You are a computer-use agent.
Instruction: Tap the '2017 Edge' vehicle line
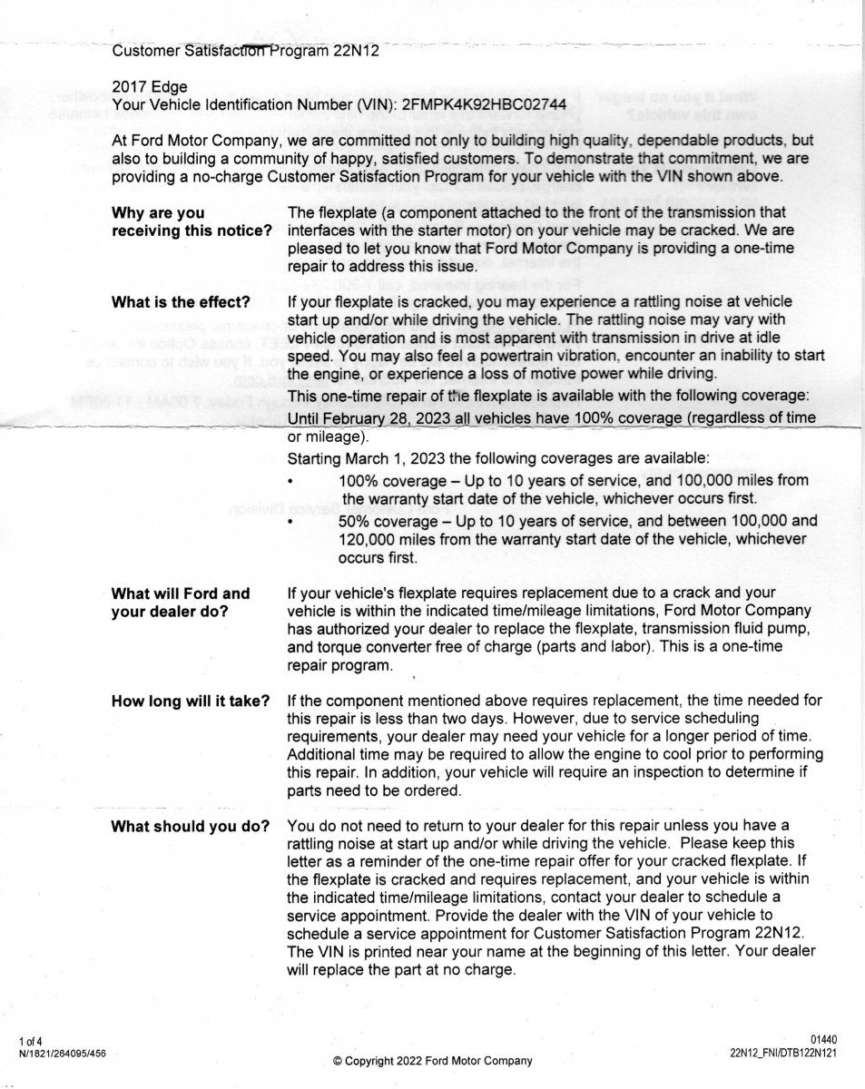click(x=150, y=87)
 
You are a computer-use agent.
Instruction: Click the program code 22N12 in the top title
click(x=355, y=51)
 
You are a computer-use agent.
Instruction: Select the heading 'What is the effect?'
click(x=181, y=301)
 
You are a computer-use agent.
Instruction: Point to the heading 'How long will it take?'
click(x=190, y=701)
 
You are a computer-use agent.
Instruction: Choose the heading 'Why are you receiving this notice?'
click(x=192, y=221)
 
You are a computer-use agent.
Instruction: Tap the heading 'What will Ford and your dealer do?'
click(x=180, y=602)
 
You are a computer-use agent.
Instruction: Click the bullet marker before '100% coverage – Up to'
click(x=290, y=481)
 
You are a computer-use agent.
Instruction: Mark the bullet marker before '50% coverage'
click(x=290, y=522)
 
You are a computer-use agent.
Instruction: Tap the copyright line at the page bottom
click(x=432, y=1061)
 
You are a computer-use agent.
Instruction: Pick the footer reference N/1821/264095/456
click(x=62, y=1053)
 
